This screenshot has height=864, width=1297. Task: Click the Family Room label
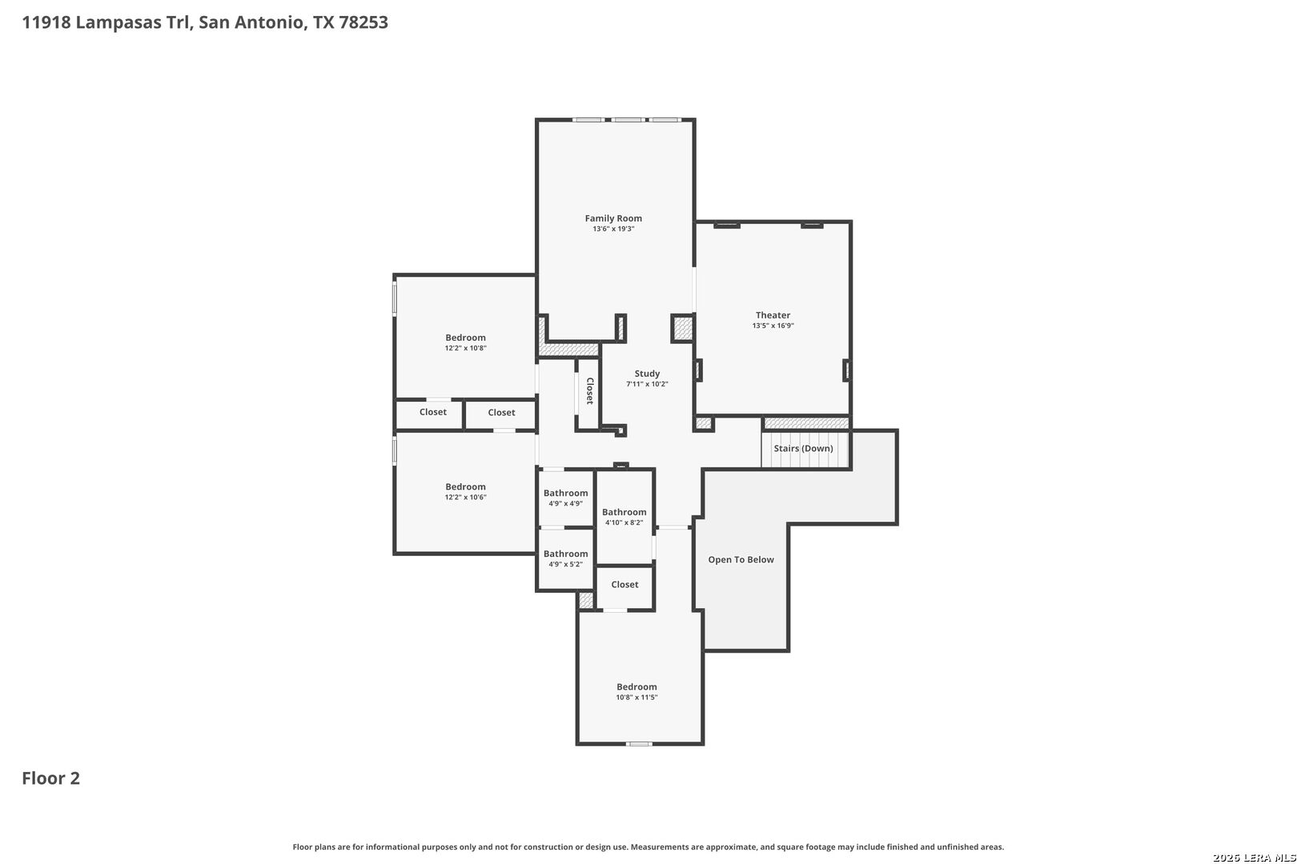click(613, 218)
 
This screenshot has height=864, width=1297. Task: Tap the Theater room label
click(773, 315)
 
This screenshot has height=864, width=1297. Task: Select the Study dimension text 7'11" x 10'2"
click(647, 384)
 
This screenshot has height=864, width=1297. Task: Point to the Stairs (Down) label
click(803, 448)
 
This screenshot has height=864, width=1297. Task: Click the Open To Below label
click(741, 560)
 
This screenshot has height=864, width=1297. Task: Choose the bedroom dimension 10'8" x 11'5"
click(636, 698)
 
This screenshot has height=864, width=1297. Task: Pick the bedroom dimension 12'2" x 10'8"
click(465, 348)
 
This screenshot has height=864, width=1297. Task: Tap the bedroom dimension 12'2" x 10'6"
click(465, 497)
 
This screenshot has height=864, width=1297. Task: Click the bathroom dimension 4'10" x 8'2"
click(624, 522)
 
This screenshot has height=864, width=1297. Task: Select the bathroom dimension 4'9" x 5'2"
click(566, 564)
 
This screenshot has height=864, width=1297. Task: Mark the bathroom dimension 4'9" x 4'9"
click(566, 503)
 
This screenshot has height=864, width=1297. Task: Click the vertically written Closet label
click(589, 390)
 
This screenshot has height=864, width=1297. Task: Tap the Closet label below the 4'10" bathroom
click(624, 585)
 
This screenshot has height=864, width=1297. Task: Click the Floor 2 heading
click(51, 778)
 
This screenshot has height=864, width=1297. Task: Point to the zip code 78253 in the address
click(363, 22)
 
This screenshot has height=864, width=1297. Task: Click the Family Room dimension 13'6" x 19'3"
click(613, 229)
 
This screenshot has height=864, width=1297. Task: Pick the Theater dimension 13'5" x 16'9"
click(773, 326)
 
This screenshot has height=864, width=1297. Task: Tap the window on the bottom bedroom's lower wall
click(639, 744)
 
